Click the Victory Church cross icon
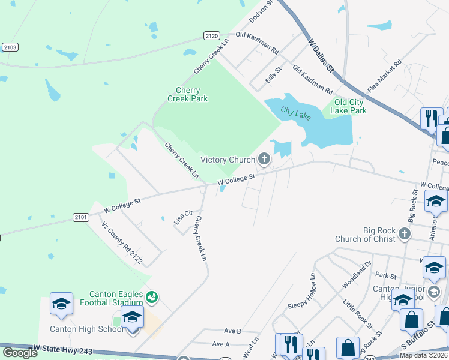pyautogui.click(x=263, y=159)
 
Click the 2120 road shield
pyautogui.click(x=211, y=36)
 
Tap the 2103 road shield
pyautogui.click(x=10, y=47)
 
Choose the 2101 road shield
pyautogui.click(x=81, y=217)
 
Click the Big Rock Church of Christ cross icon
pyautogui.click(x=405, y=233)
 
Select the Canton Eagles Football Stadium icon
pyautogui.click(x=152, y=296)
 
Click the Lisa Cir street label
pyautogui.click(x=184, y=217)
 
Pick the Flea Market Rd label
pyautogui.click(x=384, y=75)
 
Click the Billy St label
pyautogui.click(x=274, y=76)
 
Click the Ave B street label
pyautogui.click(x=232, y=331)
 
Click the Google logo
pyautogui.click(x=20, y=353)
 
